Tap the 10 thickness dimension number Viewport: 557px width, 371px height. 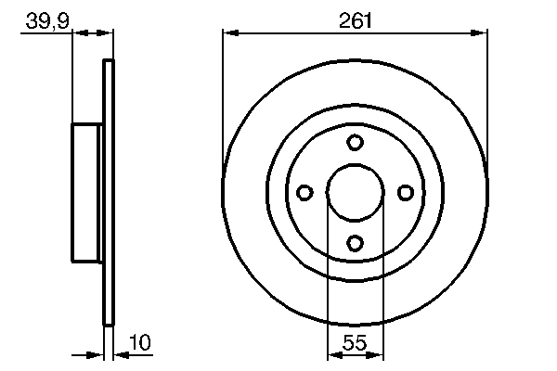tap(139, 344)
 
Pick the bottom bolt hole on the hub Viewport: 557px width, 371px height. tap(355, 242)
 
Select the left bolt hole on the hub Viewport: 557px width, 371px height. tap(304, 192)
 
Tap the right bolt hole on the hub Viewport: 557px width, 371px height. tap(405, 192)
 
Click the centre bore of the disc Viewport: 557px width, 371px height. tap(355, 192)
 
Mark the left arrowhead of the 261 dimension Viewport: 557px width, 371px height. tap(229, 32)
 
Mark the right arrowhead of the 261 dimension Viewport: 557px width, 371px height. tap(481, 32)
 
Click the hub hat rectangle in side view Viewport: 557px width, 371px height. tap(86, 192)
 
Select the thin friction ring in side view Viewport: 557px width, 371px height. tap(109, 192)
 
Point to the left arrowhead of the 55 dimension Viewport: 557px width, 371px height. tap(333, 353)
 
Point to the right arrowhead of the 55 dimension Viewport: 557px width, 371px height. tap(377, 353)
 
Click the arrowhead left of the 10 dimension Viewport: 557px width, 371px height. tap(97, 353)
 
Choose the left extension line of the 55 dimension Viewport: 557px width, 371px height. tap(328, 278)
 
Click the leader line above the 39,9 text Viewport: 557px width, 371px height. tap(46, 32)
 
